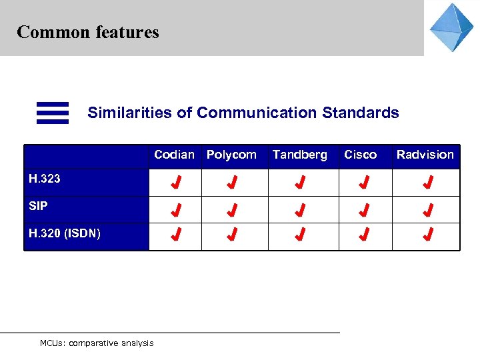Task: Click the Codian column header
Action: [174, 155]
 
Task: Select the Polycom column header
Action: [231, 155]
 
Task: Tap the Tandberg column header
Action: [300, 155]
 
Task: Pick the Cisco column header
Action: [360, 155]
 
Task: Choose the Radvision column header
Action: [425, 155]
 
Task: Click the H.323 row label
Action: [45, 179]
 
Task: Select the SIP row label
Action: [39, 206]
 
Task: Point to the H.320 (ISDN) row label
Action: [65, 233]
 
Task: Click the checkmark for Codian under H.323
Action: [175, 182]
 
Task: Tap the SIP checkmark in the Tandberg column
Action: [301, 211]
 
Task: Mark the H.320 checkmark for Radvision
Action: [428, 234]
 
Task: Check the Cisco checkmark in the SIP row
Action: [364, 211]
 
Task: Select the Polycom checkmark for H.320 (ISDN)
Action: [232, 234]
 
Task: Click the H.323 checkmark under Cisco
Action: [364, 182]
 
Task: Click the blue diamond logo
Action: [451, 27]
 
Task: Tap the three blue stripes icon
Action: [53, 113]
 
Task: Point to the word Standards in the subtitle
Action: [361, 113]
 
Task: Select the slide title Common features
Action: [88, 32]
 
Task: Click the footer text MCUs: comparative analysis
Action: [97, 343]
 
